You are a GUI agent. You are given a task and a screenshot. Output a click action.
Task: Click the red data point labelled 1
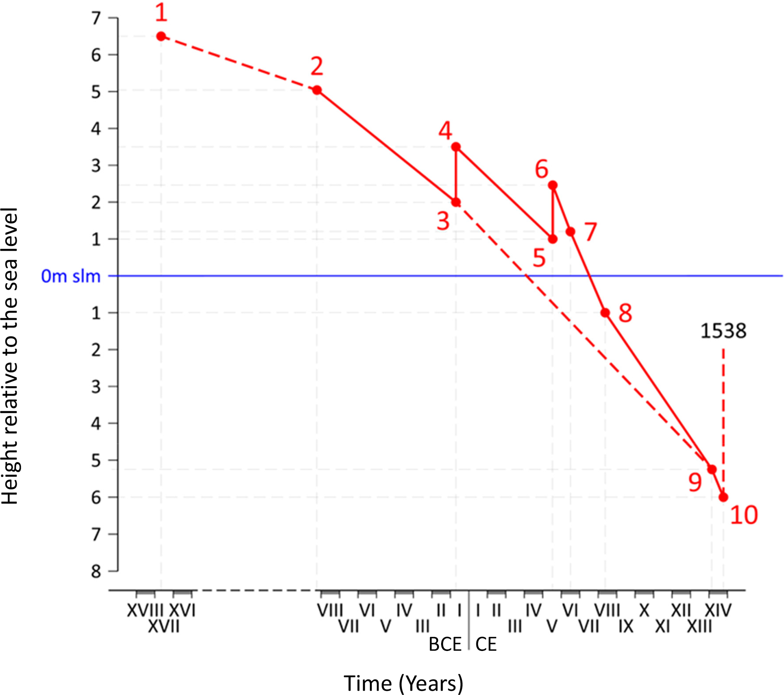point(161,36)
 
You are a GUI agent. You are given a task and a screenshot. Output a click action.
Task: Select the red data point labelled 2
point(317,90)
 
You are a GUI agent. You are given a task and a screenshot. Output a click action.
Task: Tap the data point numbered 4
point(456,146)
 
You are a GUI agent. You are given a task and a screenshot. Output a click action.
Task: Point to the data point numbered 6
point(553,185)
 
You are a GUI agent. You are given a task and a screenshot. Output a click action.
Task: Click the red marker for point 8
point(605,313)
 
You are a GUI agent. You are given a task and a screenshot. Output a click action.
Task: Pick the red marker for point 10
point(723,497)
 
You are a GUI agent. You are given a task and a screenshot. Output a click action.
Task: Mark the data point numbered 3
point(456,202)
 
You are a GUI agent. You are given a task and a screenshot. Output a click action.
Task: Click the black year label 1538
point(723,331)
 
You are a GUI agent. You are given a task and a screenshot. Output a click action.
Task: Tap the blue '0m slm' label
point(71,276)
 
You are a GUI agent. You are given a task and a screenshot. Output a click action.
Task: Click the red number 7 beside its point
point(591,232)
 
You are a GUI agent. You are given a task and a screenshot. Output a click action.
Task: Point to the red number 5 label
point(539,258)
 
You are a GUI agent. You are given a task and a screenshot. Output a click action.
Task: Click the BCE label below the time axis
point(445,645)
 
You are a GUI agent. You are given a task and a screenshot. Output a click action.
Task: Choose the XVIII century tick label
point(145,610)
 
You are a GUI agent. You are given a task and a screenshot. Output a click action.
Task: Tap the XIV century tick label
point(718,610)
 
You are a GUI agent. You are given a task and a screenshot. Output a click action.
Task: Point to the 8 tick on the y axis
point(96,571)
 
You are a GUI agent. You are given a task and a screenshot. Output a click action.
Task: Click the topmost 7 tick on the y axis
point(96,18)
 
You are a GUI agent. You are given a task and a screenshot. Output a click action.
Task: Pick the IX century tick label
point(626,627)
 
